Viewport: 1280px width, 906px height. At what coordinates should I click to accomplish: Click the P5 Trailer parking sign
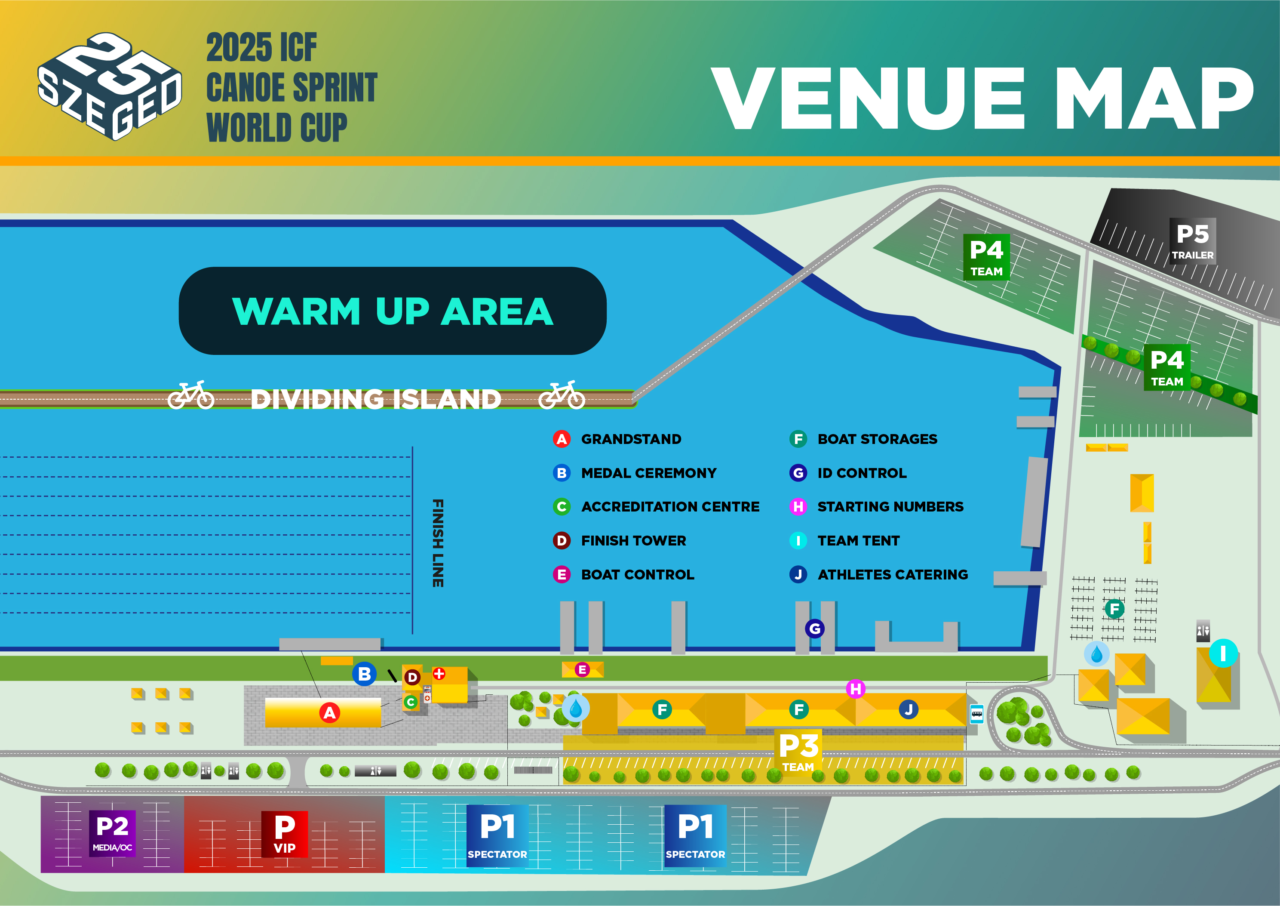click(x=1192, y=241)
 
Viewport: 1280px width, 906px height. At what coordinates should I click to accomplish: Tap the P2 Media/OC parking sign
click(x=113, y=833)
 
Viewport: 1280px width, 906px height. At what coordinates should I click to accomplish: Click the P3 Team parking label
click(x=798, y=751)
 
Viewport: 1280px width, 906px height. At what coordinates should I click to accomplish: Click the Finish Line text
click(x=438, y=543)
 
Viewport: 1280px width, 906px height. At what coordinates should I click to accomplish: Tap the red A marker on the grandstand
click(x=329, y=712)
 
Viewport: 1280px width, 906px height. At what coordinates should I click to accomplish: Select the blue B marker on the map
click(x=365, y=674)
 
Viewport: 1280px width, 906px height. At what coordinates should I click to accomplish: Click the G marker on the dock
click(x=814, y=629)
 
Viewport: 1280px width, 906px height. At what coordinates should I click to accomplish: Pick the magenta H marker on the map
click(x=856, y=688)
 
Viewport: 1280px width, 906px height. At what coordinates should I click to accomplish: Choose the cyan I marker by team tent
click(x=1223, y=653)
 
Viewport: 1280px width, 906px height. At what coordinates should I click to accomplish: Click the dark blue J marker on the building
click(x=908, y=709)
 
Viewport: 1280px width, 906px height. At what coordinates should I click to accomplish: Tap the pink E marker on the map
click(x=582, y=669)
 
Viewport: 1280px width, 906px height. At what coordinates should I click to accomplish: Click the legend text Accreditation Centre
click(x=670, y=506)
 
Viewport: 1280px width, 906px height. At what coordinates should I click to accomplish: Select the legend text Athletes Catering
click(x=893, y=575)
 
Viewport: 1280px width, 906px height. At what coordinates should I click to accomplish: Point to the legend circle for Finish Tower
click(x=562, y=541)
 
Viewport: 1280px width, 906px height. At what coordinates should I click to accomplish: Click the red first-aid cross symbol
click(x=439, y=673)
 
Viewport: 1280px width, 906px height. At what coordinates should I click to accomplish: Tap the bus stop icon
click(x=977, y=714)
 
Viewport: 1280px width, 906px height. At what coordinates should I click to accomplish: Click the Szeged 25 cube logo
click(x=110, y=86)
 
